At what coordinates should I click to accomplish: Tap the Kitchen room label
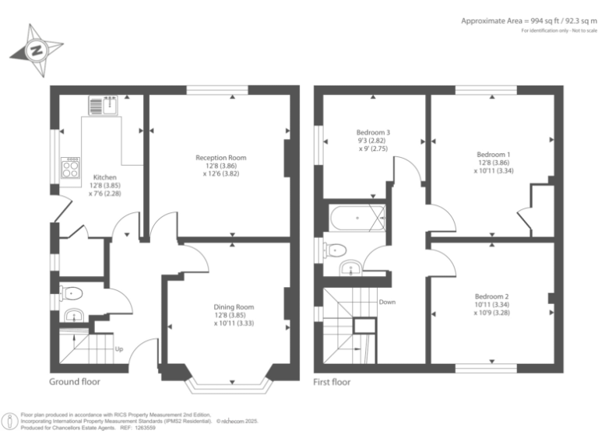pyautogui.click(x=105, y=177)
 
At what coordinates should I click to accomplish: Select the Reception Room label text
pyautogui.click(x=220, y=158)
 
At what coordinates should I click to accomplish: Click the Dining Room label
pyautogui.click(x=234, y=307)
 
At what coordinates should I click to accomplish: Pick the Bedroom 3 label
pyautogui.click(x=373, y=133)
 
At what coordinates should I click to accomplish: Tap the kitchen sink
pyautogui.click(x=103, y=105)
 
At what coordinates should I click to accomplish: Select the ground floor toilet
pyautogui.click(x=72, y=293)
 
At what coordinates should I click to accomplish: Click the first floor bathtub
pyautogui.click(x=357, y=219)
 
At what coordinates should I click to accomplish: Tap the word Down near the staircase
pyautogui.click(x=388, y=302)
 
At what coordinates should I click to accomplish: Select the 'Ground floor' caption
pyautogui.click(x=75, y=382)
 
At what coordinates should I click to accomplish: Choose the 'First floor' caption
pyautogui.click(x=332, y=382)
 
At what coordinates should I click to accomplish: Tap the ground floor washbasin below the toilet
pyautogui.click(x=72, y=316)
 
